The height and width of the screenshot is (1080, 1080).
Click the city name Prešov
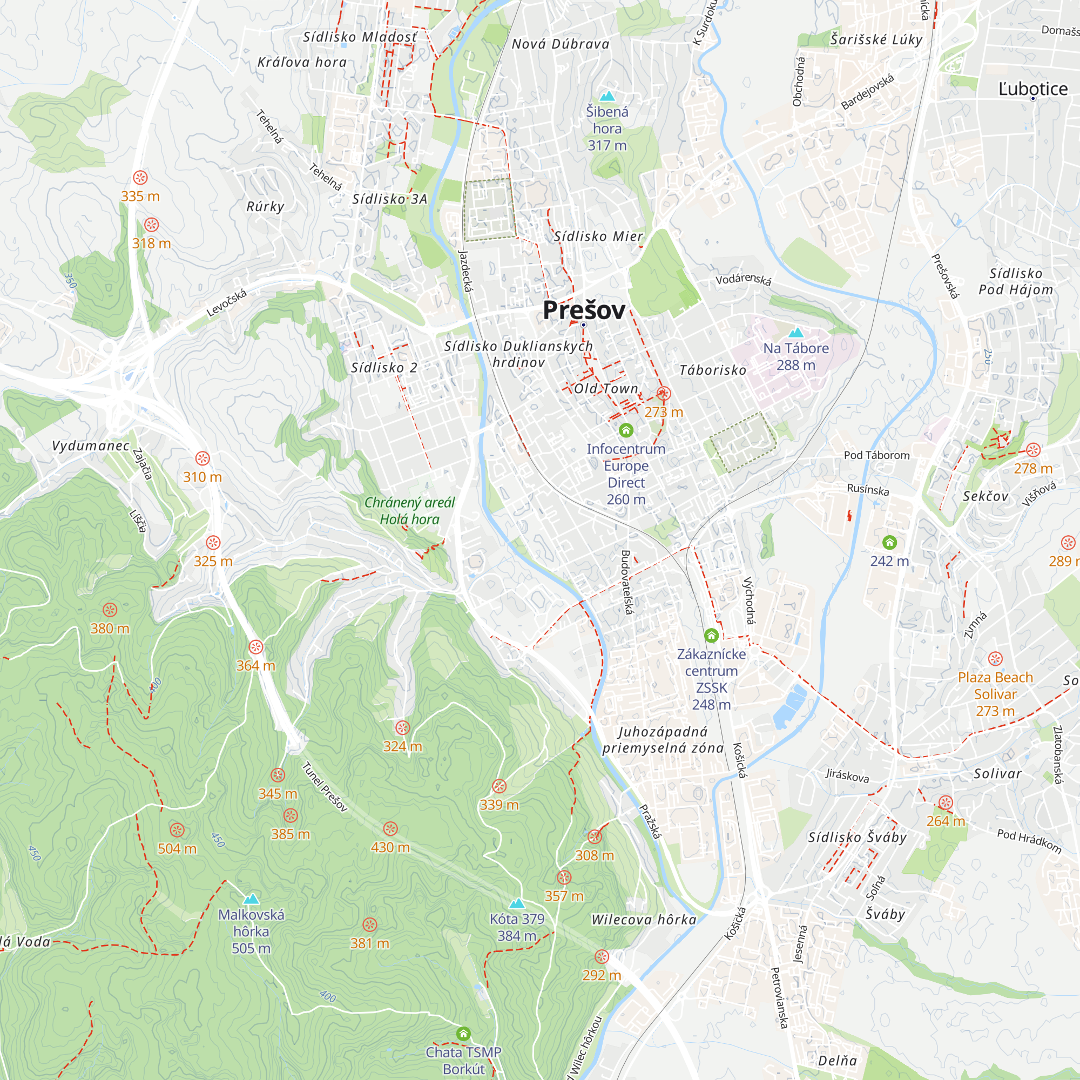(x=584, y=310)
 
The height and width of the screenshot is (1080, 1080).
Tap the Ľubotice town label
(x=1032, y=89)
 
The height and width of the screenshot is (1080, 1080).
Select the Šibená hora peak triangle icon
(x=607, y=96)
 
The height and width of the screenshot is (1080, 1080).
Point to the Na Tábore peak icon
(x=795, y=333)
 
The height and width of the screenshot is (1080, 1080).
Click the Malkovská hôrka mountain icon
(x=251, y=899)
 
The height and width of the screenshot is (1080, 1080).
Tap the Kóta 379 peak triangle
(x=517, y=903)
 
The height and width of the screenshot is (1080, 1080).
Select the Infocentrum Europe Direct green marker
(x=626, y=430)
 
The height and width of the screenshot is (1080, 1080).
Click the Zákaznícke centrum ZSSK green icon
(x=711, y=636)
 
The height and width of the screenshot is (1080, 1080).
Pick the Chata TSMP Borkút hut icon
(x=463, y=1034)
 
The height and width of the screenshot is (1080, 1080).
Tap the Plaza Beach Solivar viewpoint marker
(x=995, y=658)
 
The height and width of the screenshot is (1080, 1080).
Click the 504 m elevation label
(x=177, y=848)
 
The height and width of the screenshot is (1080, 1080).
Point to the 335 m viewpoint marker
(x=140, y=178)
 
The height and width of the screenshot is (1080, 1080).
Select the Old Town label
(x=606, y=388)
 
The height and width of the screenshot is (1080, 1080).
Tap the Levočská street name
(x=226, y=303)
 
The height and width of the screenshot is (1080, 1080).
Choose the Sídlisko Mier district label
(x=598, y=237)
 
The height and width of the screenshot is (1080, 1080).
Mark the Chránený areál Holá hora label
(x=409, y=511)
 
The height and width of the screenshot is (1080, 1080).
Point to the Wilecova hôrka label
(x=644, y=920)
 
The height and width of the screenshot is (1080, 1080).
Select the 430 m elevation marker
(x=390, y=828)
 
